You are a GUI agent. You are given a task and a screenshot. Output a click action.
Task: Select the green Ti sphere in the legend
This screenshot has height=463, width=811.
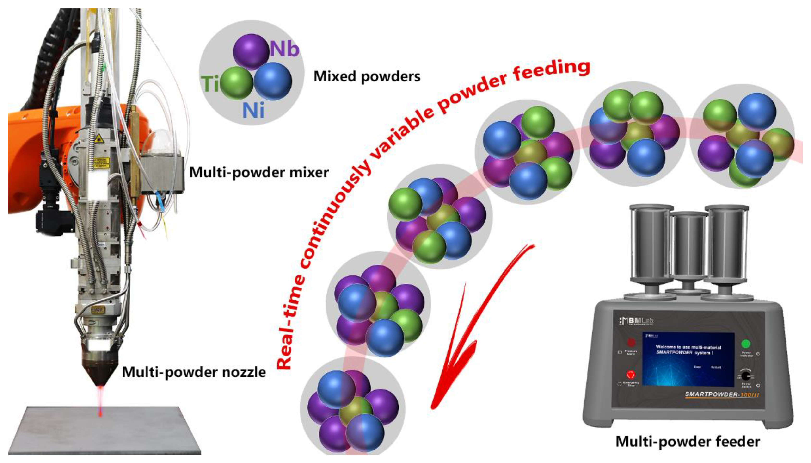[236, 83]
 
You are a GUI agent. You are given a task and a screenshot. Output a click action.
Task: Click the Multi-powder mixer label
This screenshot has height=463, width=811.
[259, 173]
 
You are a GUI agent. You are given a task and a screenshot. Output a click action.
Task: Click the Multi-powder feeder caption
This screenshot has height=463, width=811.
[688, 441]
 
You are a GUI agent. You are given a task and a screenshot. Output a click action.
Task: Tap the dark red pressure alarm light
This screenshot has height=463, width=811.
[631, 342]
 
